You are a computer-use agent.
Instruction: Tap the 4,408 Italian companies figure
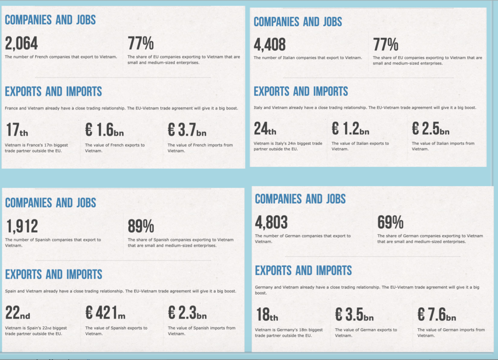click(270, 45)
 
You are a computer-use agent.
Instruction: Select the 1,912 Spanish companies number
click(22, 227)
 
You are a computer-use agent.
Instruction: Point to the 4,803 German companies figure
click(271, 222)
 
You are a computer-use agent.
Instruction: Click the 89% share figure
click(141, 227)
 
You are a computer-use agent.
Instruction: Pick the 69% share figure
click(390, 222)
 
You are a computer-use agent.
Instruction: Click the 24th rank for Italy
click(265, 128)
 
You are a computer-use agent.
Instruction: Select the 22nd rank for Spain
click(18, 313)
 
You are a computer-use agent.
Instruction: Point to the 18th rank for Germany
click(267, 315)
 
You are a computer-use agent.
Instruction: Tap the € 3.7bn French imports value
click(187, 130)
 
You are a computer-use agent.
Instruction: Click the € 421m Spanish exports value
click(105, 313)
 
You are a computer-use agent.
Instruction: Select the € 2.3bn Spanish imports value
click(187, 313)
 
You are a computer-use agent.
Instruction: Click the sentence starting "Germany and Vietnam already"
click(367, 290)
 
